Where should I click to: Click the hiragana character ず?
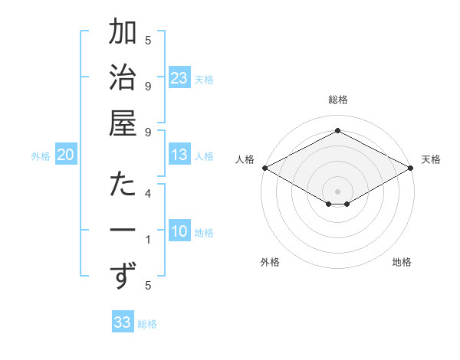coord(123,276)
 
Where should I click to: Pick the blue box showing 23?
coord(179,78)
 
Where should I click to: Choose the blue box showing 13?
coord(179,155)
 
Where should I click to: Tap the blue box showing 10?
coord(179,231)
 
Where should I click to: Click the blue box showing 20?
coord(66,155)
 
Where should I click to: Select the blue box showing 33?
coord(123,322)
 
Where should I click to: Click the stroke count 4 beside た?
coord(148,194)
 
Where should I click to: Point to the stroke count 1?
coord(148,240)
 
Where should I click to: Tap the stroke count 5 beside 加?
coord(148,41)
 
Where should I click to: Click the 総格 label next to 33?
coord(148,324)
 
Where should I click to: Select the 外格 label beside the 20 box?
coord(41,156)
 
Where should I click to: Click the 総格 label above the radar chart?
coord(338,100)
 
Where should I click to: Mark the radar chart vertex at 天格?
coord(412,168)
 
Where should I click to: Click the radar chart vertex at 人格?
coord(264,168)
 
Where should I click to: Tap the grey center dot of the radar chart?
coord(338,191)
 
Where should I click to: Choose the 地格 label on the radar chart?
coord(402,263)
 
